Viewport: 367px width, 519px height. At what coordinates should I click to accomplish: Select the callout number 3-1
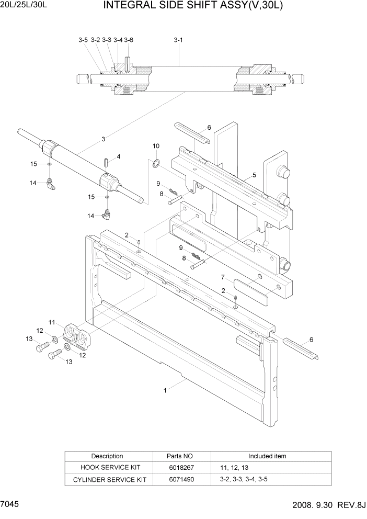point(178,40)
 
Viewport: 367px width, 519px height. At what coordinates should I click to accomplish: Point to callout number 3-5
point(83,40)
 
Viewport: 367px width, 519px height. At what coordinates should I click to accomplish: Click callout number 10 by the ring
point(156,145)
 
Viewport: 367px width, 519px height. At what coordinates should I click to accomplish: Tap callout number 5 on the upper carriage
point(254,175)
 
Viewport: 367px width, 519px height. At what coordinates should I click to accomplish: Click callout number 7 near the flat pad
point(222,277)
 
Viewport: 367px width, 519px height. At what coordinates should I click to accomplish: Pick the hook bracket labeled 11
point(75,335)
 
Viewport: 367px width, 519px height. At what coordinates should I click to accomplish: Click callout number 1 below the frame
point(165,390)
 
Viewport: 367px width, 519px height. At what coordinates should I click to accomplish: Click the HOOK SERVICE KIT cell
point(110,467)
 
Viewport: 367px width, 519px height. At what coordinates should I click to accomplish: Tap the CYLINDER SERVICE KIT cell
point(110,479)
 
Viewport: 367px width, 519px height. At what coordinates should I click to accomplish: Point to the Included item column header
point(267,456)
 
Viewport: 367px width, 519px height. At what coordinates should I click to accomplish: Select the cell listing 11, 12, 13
point(232,467)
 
